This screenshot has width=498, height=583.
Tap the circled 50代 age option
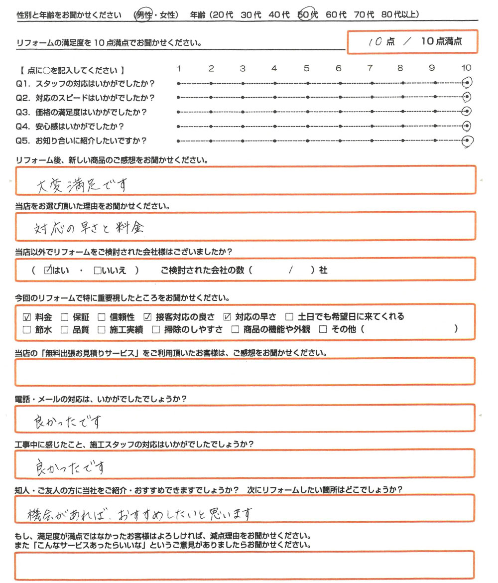[308, 15]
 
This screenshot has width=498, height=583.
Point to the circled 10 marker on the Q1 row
[467, 83]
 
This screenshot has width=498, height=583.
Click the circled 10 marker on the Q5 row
[467, 141]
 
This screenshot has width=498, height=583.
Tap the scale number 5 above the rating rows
[307, 68]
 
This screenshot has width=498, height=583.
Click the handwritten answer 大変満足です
[82, 185]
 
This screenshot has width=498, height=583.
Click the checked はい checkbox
[48, 271]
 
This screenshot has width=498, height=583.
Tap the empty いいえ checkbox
[98, 271]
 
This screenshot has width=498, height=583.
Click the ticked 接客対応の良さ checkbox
[147, 316]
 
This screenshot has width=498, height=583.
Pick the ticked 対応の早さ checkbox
[228, 316]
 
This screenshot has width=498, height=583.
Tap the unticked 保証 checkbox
[64, 316]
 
